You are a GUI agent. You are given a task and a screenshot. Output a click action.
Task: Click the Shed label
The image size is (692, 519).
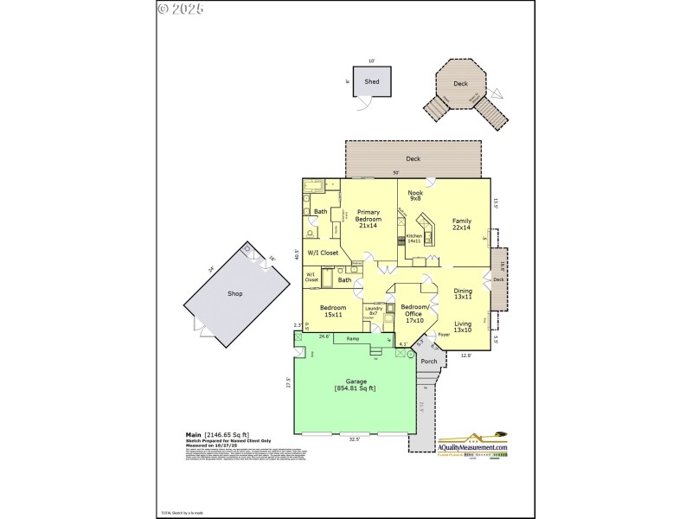(371, 81)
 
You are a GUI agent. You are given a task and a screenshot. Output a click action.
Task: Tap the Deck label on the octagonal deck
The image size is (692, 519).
(460, 84)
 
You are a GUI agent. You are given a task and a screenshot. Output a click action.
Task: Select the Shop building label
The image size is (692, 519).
(234, 294)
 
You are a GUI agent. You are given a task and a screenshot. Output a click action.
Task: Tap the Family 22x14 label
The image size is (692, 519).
(461, 225)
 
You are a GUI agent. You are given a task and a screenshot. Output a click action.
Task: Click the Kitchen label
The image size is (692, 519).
(413, 237)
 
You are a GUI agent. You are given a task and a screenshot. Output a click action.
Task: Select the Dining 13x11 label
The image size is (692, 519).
(463, 295)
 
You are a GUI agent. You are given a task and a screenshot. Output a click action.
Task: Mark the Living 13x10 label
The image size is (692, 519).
(463, 326)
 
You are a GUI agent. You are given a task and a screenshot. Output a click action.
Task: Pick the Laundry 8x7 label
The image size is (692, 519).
(374, 311)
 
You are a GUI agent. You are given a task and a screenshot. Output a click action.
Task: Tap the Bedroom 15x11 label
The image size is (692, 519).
(333, 311)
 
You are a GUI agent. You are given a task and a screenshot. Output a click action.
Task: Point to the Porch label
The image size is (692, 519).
(429, 362)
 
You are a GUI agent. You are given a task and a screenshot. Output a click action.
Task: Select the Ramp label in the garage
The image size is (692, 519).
(353, 339)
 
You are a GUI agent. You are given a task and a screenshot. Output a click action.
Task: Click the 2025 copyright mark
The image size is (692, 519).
(181, 10)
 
